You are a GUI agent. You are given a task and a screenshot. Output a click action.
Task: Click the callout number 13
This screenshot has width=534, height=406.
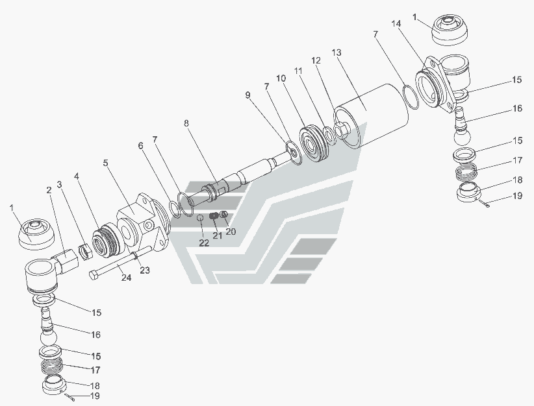tap(336, 51)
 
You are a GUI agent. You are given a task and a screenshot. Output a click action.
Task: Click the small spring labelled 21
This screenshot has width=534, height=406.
tap(216, 216)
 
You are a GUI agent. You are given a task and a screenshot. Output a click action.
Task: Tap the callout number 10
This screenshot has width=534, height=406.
tap(281, 78)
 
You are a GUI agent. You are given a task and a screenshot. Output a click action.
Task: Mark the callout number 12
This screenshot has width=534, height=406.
tap(316, 60)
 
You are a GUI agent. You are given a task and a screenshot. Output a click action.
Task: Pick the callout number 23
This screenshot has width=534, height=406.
tap(145, 270)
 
